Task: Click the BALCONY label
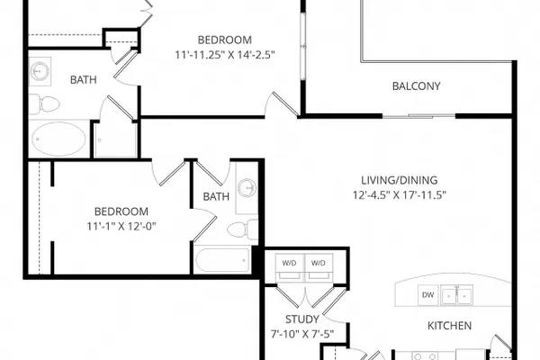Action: point(417,85)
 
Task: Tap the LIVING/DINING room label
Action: point(400,180)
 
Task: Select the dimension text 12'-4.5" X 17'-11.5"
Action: point(400,195)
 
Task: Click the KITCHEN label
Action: point(449,326)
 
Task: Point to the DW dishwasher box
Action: point(428,295)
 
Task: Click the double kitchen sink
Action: point(457,295)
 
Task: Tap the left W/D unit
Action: point(290,267)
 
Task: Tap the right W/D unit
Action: point(319,267)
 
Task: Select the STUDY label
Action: point(302,319)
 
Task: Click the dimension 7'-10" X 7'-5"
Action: point(302,334)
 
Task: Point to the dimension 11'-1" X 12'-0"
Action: point(121,226)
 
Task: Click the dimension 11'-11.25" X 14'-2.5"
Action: point(225,55)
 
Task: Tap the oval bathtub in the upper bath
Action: point(58,139)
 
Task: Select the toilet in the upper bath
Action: point(44,104)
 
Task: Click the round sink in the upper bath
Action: point(39,70)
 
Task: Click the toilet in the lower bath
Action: point(242,229)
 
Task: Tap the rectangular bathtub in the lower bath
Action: point(223,260)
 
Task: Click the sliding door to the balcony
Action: point(418,116)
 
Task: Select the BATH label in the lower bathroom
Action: point(216,197)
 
